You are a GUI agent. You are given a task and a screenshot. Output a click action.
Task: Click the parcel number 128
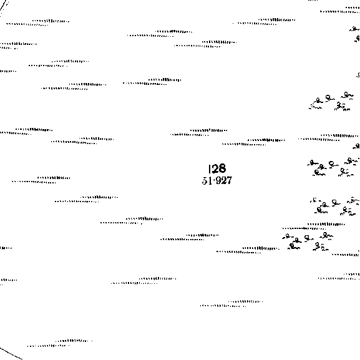(217, 168)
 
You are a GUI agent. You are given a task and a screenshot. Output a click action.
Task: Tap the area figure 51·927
(217, 180)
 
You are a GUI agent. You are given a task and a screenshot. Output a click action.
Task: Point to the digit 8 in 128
(221, 168)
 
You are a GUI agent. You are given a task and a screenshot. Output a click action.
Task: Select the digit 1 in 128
(210, 168)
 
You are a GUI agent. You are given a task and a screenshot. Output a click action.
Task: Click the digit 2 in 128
(215, 168)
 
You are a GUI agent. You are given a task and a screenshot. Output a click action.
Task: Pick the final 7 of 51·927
(229, 180)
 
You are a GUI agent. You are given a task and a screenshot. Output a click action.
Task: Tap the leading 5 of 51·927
(205, 181)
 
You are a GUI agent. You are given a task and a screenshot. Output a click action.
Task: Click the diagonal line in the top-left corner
(4, 6)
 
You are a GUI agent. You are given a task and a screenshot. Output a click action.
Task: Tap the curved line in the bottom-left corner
(11, 354)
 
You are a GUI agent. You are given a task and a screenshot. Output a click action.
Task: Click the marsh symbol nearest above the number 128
(199, 132)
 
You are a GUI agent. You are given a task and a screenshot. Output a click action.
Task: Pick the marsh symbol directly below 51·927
(190, 237)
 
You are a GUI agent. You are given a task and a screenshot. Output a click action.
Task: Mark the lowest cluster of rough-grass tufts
(308, 241)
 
